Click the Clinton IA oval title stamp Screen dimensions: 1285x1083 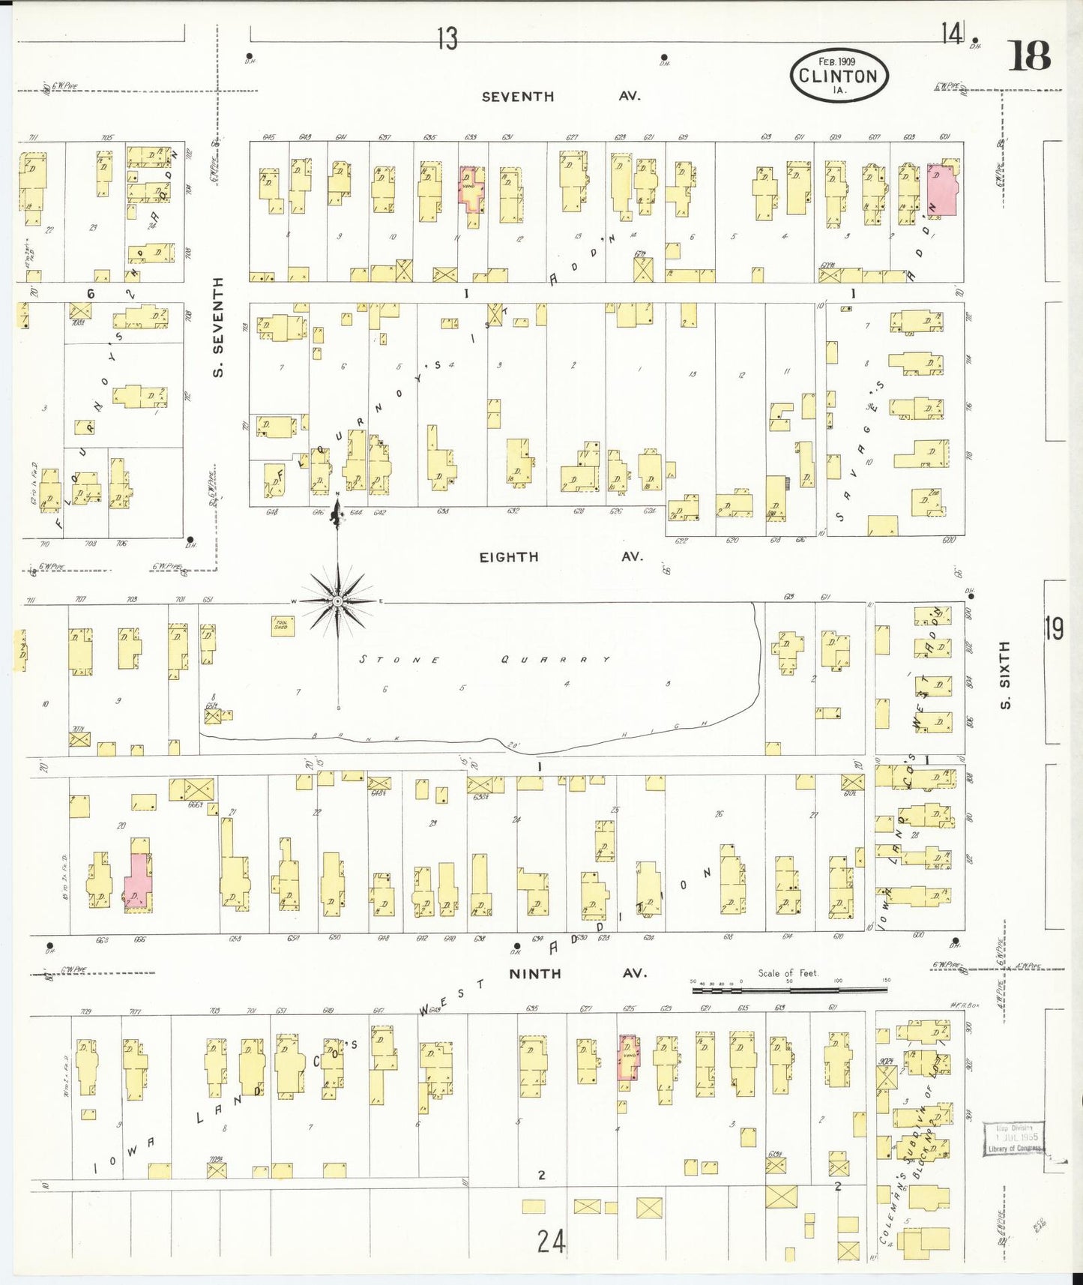click(x=838, y=76)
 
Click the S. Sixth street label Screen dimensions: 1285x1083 click(x=1006, y=674)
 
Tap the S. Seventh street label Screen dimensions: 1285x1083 click(x=218, y=327)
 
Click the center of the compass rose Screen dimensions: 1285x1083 click(x=338, y=601)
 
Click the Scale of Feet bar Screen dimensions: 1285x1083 click(x=788, y=989)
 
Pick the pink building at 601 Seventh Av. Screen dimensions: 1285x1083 click(x=942, y=191)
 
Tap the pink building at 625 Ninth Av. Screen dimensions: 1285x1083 click(x=629, y=1057)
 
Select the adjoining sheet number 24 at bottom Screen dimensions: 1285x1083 click(x=551, y=1241)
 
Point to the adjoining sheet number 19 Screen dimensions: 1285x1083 click(x=1054, y=628)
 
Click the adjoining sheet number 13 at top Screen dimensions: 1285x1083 click(x=447, y=38)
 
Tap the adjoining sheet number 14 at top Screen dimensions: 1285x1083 click(x=952, y=33)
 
